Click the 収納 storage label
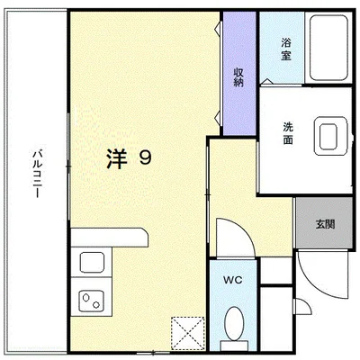pos(238,76)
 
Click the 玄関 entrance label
pos(325,222)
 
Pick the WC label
pos(233,276)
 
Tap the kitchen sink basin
pos(93,264)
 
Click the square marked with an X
pos(191,332)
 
